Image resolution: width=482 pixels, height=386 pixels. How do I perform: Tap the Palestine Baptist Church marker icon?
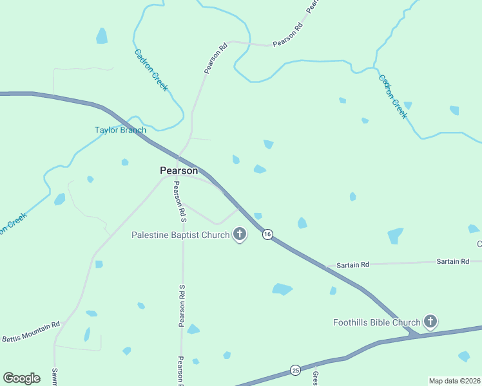[240, 234]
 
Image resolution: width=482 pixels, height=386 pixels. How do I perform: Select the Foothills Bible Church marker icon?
[430, 322]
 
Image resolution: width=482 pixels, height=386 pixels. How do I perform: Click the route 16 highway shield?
[267, 234]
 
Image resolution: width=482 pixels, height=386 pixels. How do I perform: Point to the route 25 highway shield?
[295, 370]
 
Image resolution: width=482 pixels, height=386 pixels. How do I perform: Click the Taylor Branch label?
[120, 130]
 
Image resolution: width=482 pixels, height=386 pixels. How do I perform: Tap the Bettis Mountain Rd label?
[31, 332]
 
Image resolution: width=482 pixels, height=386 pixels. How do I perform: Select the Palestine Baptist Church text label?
[180, 235]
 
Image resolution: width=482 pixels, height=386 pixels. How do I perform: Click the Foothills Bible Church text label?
[377, 322]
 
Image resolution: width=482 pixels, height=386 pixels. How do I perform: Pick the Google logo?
[21, 378]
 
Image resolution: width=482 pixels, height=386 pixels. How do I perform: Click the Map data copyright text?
[455, 381]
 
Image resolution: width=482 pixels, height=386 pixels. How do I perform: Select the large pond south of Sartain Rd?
[282, 289]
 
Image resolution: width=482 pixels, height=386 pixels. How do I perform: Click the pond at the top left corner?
[102, 36]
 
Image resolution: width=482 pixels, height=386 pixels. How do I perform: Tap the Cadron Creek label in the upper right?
[392, 97]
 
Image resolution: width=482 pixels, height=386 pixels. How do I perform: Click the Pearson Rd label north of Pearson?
[216, 57]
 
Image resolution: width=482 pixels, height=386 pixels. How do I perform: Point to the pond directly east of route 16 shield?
[302, 223]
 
